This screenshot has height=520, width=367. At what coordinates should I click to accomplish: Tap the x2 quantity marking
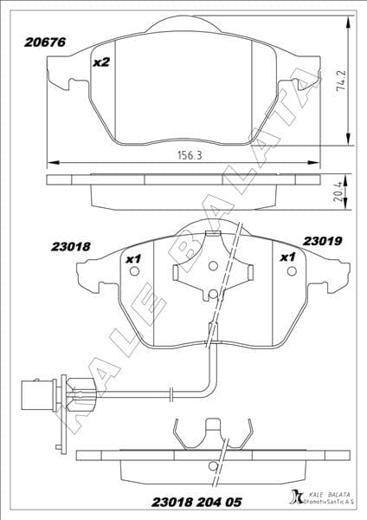(x=102, y=62)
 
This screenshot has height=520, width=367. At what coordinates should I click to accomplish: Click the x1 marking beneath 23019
(x=287, y=257)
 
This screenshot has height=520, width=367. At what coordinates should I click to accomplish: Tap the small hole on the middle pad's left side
(x=133, y=270)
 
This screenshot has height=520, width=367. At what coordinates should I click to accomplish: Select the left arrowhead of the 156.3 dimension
(x=51, y=160)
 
